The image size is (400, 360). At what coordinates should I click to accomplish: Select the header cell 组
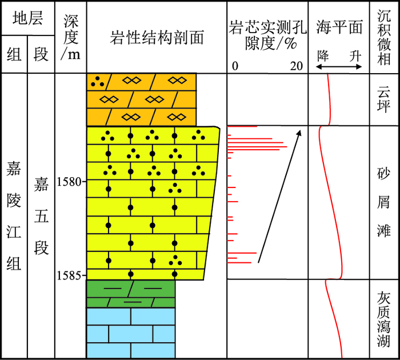14,54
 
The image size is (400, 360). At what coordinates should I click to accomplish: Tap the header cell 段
41,54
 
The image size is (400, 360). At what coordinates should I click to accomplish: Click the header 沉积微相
384,36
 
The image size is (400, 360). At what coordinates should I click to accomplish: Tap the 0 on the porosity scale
235,66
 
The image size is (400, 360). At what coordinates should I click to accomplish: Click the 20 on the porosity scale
296,66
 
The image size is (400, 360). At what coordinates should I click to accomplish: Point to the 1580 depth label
70,182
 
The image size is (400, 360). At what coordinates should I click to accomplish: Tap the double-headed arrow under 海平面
339,67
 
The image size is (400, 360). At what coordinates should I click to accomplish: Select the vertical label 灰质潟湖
384,319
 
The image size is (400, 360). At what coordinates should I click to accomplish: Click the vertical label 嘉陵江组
14,215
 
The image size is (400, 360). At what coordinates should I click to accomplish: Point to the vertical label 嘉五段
41,215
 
